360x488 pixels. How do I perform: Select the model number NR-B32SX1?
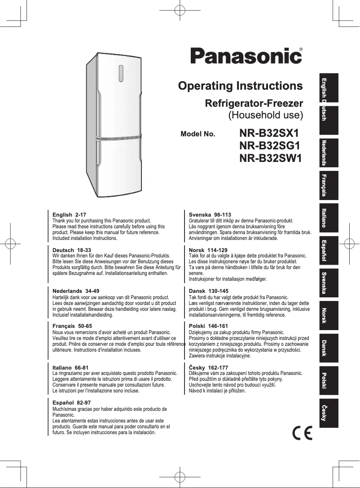(x=269, y=134)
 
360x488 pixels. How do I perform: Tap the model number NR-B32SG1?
(x=270, y=146)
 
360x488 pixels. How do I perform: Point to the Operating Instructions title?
(x=240, y=86)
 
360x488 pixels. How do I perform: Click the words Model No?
(x=198, y=134)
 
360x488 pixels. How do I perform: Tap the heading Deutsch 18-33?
(x=72, y=249)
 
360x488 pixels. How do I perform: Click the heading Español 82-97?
(x=72, y=403)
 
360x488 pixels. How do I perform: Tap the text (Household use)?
(x=266, y=115)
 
